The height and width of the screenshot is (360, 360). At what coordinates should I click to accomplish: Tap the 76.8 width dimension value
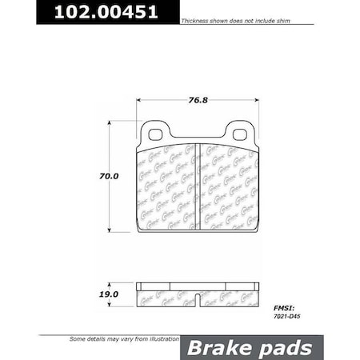[197, 101]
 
